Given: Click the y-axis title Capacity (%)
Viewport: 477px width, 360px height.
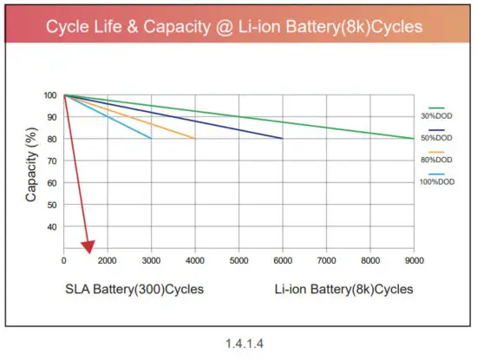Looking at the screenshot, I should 31,169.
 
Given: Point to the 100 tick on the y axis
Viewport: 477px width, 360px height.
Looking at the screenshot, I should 50,95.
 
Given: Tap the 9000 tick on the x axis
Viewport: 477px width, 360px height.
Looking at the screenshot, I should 414,260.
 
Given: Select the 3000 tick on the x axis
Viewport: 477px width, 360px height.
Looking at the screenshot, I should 152,260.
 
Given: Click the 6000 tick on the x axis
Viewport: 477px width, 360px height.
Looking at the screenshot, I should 283,260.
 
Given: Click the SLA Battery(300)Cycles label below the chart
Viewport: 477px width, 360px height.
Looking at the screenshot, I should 134,288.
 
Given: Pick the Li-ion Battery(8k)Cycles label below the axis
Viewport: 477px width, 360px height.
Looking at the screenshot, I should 344,288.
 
